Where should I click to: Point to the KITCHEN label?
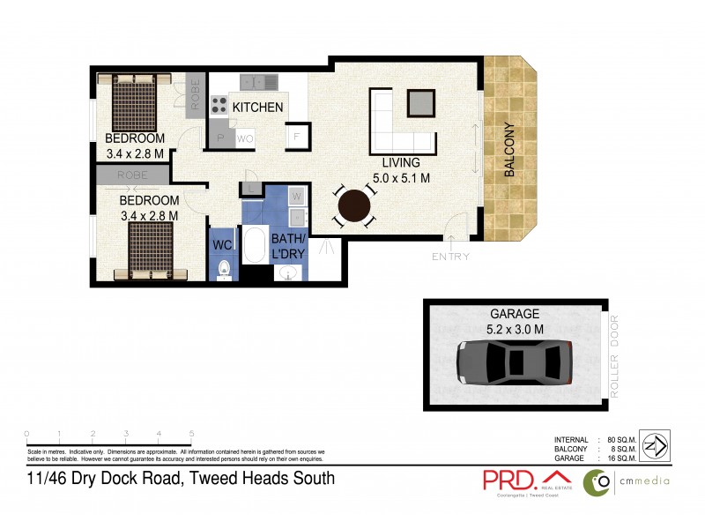tap(257, 108)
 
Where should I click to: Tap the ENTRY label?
tap(450, 257)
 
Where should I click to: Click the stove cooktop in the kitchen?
tap(218, 107)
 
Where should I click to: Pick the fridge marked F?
tap(297, 138)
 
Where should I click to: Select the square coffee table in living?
tap(420, 103)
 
